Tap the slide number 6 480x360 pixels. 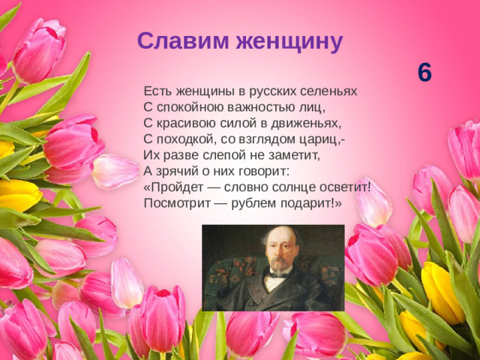[x=424, y=73]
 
